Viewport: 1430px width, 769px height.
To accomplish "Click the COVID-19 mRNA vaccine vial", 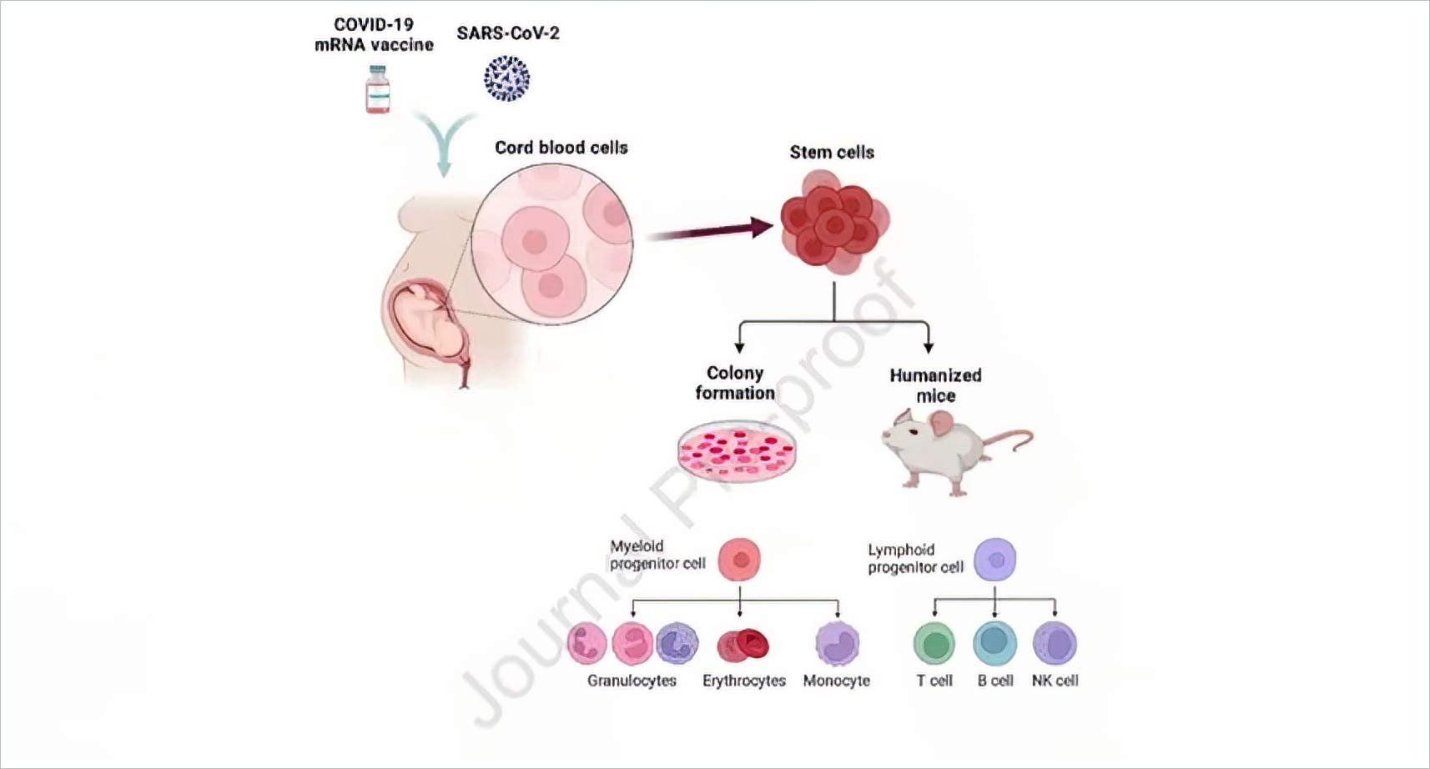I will (x=378, y=89).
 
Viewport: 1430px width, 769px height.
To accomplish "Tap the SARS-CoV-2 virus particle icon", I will (x=506, y=78).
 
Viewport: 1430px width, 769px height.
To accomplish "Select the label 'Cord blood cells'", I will (x=561, y=148).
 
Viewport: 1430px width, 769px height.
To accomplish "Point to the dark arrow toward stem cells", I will (x=709, y=231).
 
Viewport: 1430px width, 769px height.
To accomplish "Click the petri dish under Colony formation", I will (x=737, y=451).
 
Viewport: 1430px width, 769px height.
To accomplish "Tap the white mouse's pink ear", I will (x=943, y=425).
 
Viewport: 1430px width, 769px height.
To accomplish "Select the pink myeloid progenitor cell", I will (x=739, y=559).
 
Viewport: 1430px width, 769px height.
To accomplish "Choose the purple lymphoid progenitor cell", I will (x=995, y=559).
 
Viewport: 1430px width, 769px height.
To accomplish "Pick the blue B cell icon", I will (x=994, y=643).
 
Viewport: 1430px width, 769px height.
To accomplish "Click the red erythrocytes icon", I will (x=743, y=644).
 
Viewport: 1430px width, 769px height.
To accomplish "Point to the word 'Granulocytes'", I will (x=632, y=681).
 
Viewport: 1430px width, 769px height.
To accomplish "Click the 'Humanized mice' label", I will (x=935, y=385).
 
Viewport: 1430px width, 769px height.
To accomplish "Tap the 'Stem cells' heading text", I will (x=832, y=153).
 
